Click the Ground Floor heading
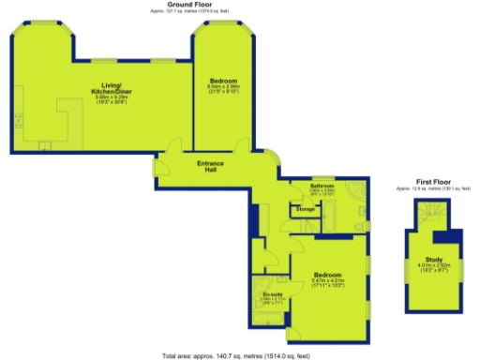(x=187, y=4)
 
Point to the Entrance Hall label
(x=210, y=167)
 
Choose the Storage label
(x=306, y=208)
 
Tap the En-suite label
(x=271, y=294)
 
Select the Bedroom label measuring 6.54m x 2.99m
(x=224, y=81)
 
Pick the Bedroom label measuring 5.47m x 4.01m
(x=326, y=272)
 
